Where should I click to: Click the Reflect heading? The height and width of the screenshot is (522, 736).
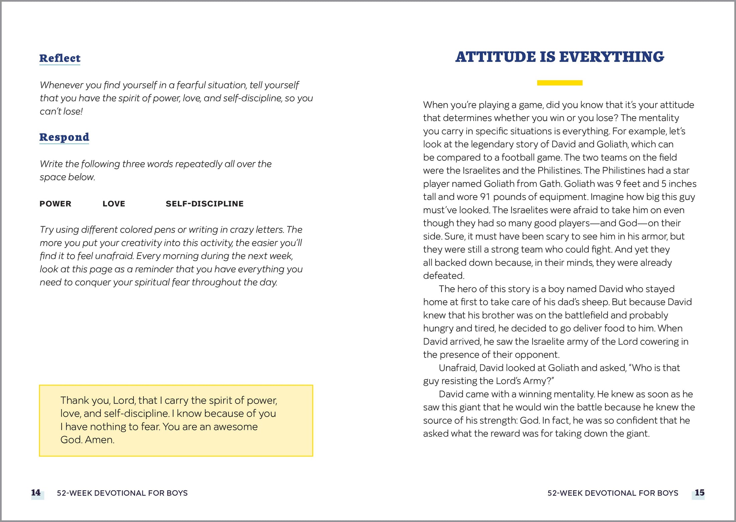tap(60, 58)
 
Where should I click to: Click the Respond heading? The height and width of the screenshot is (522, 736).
tap(64, 137)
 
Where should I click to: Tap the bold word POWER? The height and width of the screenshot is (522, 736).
tap(55, 204)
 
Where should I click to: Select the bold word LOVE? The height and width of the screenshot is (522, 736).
tap(114, 204)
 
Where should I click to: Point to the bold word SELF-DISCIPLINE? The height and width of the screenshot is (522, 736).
tap(204, 204)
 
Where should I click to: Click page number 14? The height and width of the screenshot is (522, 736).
tap(36, 493)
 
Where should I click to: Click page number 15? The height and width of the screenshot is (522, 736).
tap(700, 493)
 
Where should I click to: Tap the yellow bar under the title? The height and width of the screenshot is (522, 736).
tap(560, 83)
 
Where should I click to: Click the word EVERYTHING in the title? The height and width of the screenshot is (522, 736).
tap(612, 57)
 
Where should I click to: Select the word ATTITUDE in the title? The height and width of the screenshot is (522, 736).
tap(496, 57)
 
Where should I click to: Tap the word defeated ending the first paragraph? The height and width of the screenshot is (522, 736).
tap(443, 276)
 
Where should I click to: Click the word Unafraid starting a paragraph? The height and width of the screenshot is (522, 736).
tap(457, 368)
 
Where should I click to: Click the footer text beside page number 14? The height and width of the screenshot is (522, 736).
tap(122, 493)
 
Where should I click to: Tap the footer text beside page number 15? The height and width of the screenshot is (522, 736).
tap(613, 493)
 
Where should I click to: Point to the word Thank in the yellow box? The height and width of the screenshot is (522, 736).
tap(74, 400)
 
